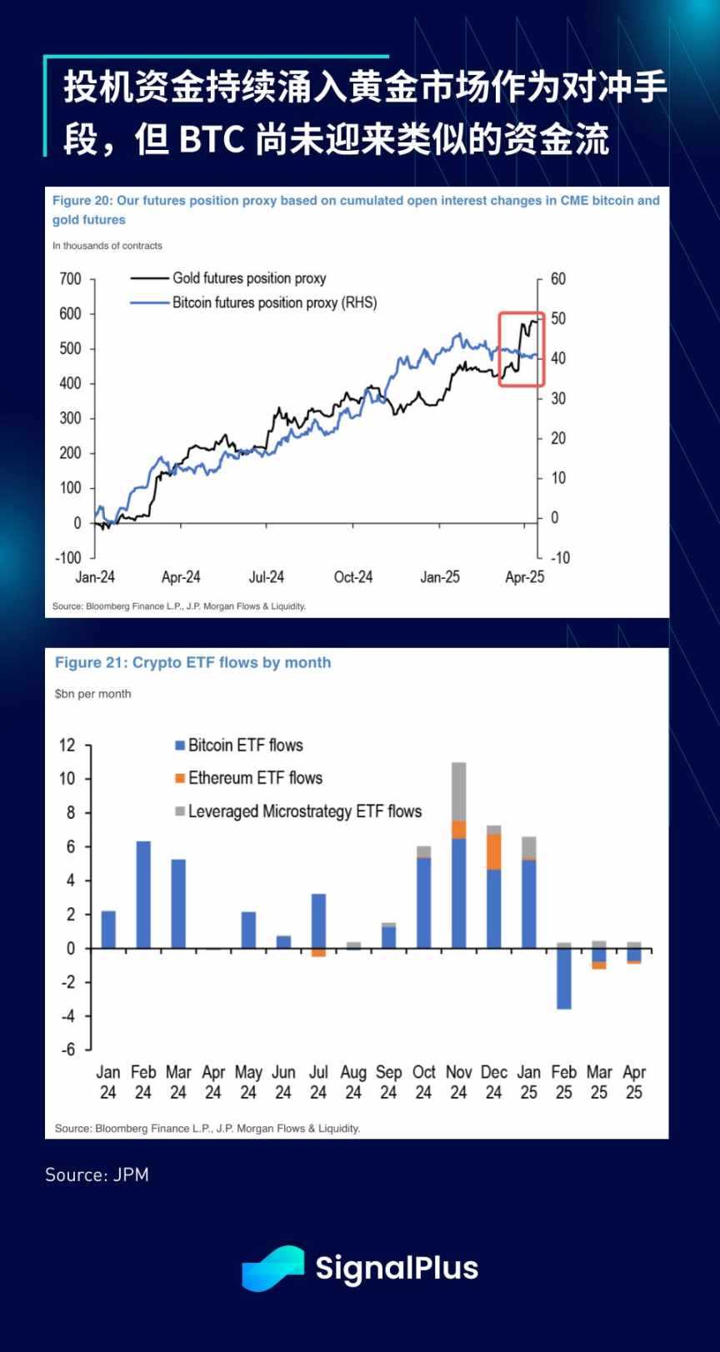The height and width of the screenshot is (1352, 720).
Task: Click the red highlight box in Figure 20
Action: click(522, 349)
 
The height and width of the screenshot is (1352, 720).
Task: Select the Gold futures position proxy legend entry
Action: click(248, 278)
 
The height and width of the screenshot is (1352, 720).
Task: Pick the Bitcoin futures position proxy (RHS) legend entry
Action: click(274, 302)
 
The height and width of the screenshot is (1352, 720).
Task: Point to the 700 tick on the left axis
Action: click(71, 279)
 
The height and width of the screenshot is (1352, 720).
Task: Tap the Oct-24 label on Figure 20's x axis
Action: click(353, 577)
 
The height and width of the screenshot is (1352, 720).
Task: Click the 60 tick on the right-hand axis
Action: click(558, 279)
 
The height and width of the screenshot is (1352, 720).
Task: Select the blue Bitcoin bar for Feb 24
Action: click(143, 895)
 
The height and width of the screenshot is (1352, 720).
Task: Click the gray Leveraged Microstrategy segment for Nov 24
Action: click(458, 791)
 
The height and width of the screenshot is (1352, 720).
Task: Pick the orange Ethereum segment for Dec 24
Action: click(493, 851)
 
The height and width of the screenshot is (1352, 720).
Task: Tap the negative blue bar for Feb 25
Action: click(564, 979)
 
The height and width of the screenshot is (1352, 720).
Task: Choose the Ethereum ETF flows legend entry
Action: click(255, 778)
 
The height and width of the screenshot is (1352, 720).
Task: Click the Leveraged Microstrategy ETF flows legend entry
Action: click(304, 811)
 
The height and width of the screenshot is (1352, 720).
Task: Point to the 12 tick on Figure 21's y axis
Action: click(67, 745)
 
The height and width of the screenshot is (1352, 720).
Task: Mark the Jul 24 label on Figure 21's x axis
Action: click(318, 1082)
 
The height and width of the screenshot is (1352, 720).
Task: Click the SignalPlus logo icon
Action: click(272, 1268)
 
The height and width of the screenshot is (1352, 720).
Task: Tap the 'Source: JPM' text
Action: click(97, 1175)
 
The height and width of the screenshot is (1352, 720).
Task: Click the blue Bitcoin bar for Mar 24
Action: click(178, 904)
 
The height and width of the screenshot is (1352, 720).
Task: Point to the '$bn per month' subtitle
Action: click(92, 694)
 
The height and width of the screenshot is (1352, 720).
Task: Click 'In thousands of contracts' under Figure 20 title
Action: click(107, 246)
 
